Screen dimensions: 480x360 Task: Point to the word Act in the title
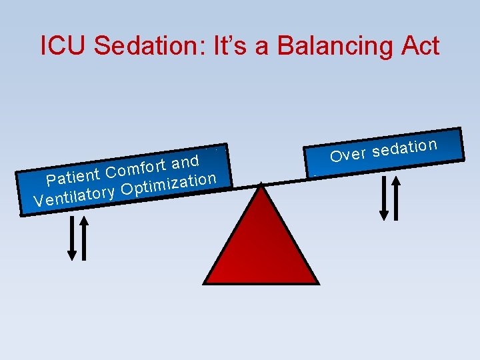(x=420, y=46)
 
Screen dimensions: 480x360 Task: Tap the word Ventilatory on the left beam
(x=74, y=197)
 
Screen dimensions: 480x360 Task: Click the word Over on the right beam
(x=348, y=155)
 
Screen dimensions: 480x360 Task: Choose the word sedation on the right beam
(x=405, y=148)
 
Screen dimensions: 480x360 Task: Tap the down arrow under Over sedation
(x=383, y=197)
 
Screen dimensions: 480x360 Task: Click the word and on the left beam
(x=185, y=162)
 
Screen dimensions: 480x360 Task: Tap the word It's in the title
(x=223, y=46)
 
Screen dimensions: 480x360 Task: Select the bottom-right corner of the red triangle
(x=319, y=283)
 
